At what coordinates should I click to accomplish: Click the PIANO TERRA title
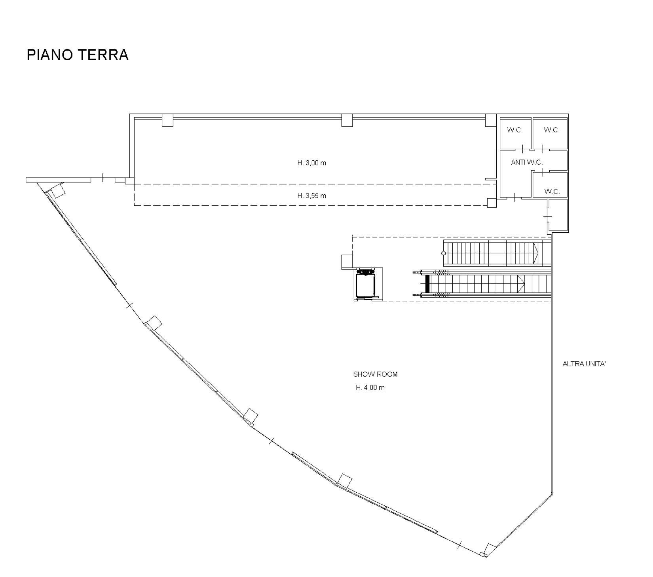tap(78, 55)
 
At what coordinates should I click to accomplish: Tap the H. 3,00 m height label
tap(312, 163)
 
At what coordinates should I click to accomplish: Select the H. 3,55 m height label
tap(312, 195)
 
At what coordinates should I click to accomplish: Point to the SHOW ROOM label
tap(375, 374)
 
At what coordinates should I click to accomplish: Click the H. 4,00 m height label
tap(370, 387)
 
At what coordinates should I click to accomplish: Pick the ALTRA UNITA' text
tap(584, 364)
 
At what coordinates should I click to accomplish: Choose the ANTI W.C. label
tap(527, 162)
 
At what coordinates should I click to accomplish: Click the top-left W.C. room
tap(515, 133)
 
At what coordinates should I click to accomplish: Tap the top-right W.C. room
tap(550, 133)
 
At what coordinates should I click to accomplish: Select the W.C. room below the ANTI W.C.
tap(550, 185)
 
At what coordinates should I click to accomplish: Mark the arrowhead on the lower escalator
tap(521, 283)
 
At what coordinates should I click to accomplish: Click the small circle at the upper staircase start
tap(444, 253)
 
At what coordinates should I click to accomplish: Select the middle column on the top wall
tap(347, 120)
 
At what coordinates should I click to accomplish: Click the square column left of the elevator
tap(347, 262)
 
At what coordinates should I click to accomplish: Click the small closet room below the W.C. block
tap(558, 215)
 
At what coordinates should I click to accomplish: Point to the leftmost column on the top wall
tap(167, 120)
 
